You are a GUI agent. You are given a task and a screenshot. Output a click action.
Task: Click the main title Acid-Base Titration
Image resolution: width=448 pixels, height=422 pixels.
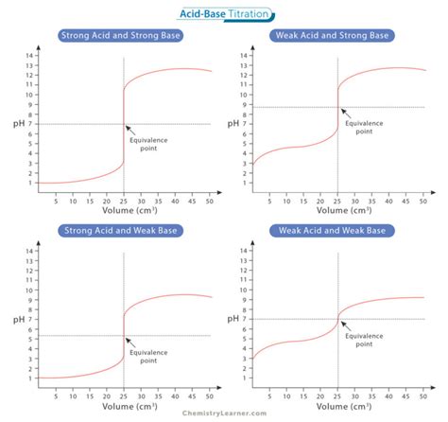click(x=224, y=12)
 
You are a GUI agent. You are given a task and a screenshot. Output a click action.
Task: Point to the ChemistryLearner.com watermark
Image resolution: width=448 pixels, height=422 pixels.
click(x=223, y=413)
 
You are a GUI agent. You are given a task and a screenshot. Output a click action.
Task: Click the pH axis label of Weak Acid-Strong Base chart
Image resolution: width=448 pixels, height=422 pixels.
click(x=232, y=124)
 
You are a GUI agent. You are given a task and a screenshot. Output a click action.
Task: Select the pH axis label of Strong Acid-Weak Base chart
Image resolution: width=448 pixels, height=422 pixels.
click(x=16, y=317)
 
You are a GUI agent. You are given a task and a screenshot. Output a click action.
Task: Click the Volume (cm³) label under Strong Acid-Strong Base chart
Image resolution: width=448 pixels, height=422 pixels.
click(x=126, y=212)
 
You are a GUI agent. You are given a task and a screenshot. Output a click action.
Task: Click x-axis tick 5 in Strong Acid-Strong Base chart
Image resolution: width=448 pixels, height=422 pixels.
click(x=56, y=202)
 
